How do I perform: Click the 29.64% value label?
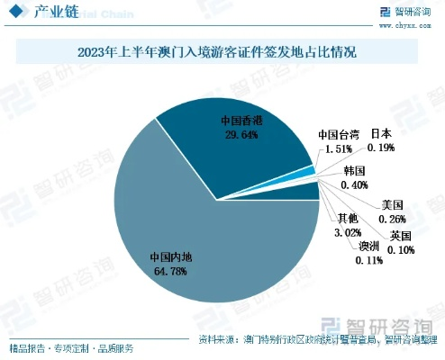click(x=241, y=134)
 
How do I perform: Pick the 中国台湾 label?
click(x=340, y=135)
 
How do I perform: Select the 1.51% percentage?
click(x=340, y=148)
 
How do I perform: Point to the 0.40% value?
click(x=355, y=184)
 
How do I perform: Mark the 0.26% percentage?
click(x=393, y=219)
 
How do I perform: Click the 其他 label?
click(x=347, y=219)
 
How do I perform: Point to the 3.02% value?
click(x=348, y=232)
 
